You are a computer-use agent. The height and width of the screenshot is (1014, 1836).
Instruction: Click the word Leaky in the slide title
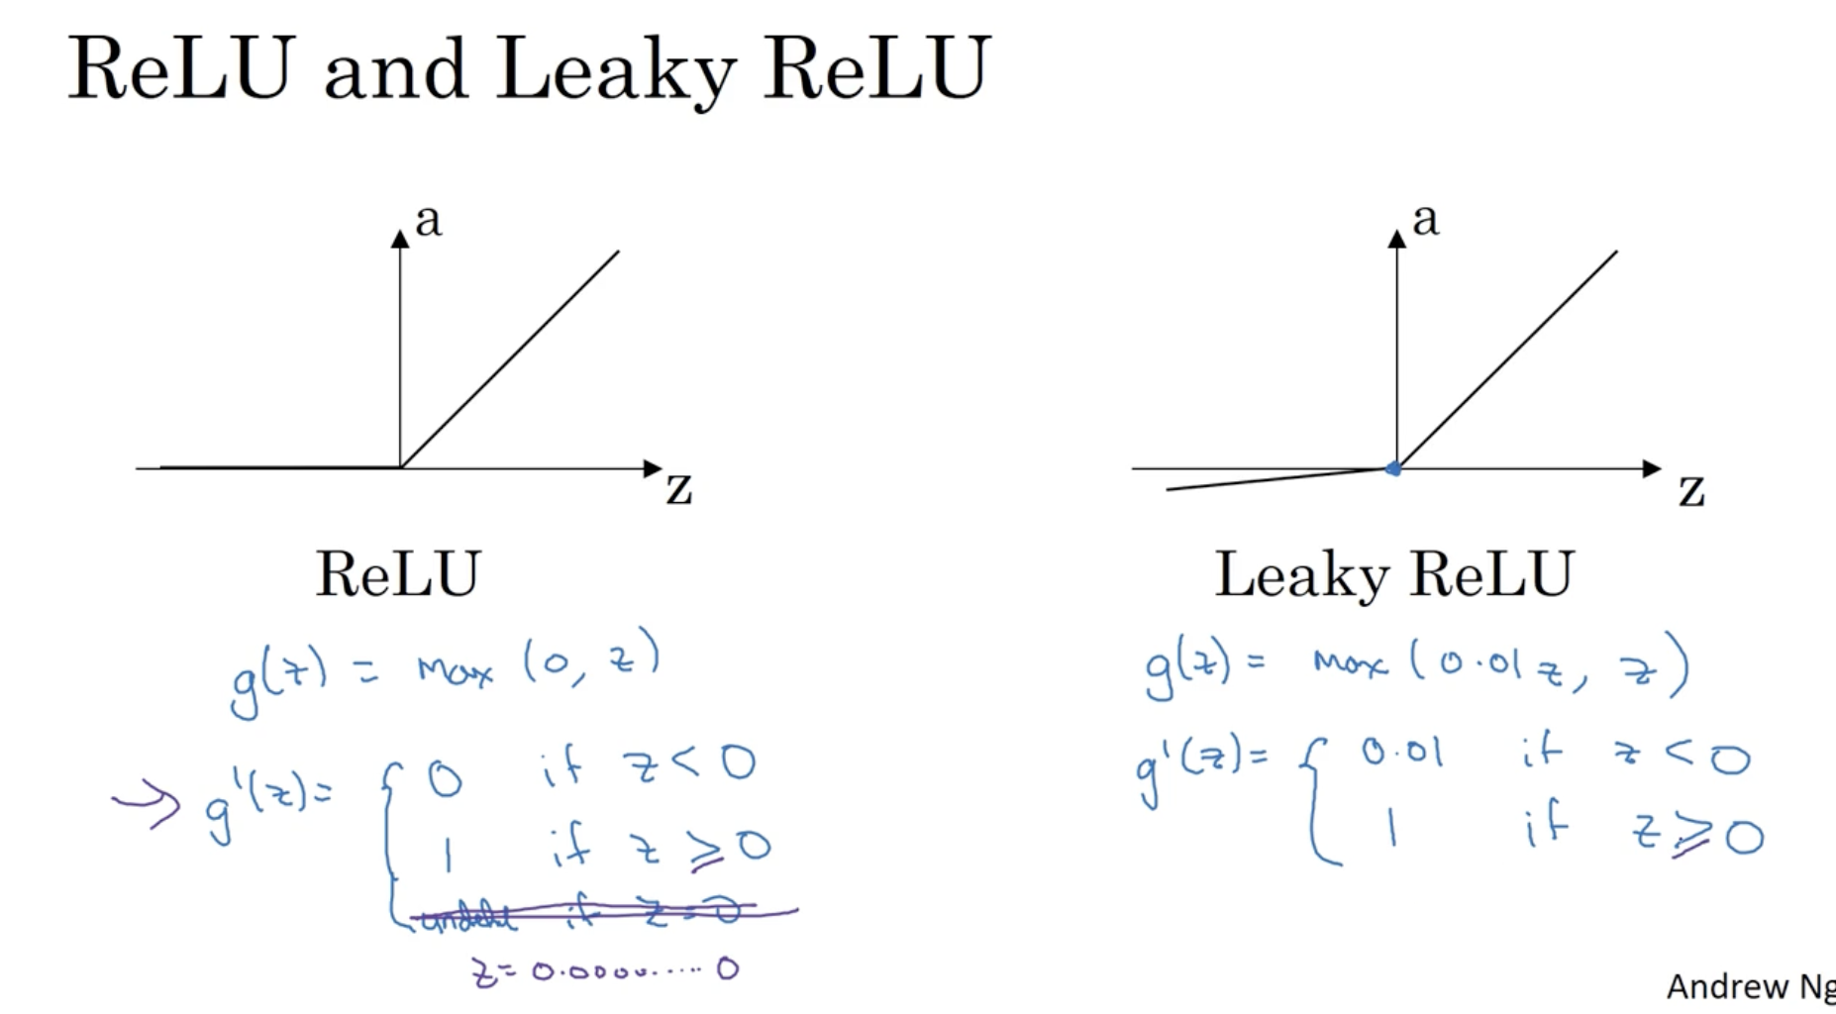coord(615,69)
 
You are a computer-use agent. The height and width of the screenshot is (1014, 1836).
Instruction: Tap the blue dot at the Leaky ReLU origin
coord(1393,468)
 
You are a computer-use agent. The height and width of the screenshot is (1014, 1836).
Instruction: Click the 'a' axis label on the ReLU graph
coord(428,220)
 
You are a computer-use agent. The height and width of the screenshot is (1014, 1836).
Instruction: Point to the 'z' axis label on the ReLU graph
coord(678,487)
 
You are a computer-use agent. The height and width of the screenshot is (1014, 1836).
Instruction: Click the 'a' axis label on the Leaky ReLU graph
coord(1425,220)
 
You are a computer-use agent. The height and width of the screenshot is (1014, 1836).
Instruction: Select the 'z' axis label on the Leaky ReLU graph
coord(1691,489)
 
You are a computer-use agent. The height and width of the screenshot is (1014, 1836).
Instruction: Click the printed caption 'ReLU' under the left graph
coord(398,573)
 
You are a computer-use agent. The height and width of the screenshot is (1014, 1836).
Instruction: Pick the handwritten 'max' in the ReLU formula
coord(455,670)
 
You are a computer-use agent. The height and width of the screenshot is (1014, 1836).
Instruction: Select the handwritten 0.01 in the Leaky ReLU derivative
coord(1401,754)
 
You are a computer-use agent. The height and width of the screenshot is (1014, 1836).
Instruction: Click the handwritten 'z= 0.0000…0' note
coord(604,969)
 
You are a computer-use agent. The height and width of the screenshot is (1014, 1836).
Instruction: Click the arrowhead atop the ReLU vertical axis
coord(400,239)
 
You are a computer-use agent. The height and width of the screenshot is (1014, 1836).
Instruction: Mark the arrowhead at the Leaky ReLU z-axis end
coord(1651,468)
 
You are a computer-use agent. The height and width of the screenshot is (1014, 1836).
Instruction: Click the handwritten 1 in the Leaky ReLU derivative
coord(1392,826)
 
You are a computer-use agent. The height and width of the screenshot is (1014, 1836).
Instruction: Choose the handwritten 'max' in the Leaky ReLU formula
coord(1349,662)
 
